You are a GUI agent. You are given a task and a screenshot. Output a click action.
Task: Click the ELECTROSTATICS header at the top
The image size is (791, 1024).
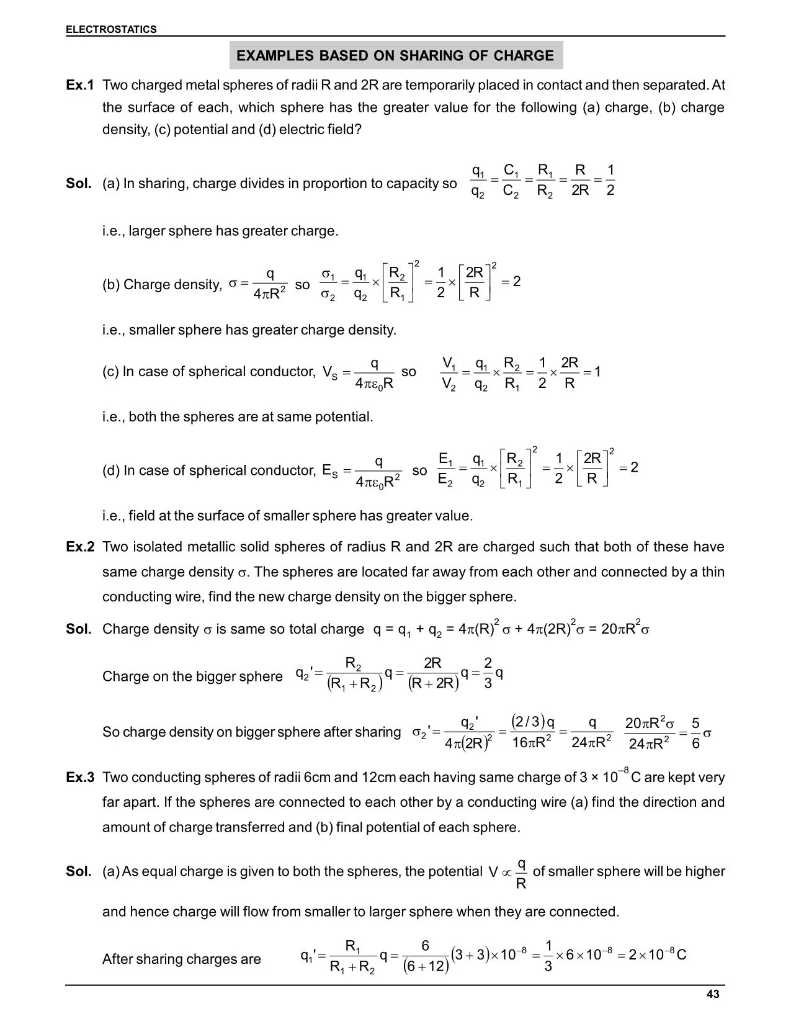111,29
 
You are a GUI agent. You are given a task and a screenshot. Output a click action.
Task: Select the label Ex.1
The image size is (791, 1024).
80,85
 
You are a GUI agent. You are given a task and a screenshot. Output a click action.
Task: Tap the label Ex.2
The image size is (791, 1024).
80,547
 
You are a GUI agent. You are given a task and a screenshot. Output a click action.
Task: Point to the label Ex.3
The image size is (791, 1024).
80,777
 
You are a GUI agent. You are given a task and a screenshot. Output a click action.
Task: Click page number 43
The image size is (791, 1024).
713,994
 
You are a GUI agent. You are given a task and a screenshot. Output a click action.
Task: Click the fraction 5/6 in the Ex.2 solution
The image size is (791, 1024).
695,733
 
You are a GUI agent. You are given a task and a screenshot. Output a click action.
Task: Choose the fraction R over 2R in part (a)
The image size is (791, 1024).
580,180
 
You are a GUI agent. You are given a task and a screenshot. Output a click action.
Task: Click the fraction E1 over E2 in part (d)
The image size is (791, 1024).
445,469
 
